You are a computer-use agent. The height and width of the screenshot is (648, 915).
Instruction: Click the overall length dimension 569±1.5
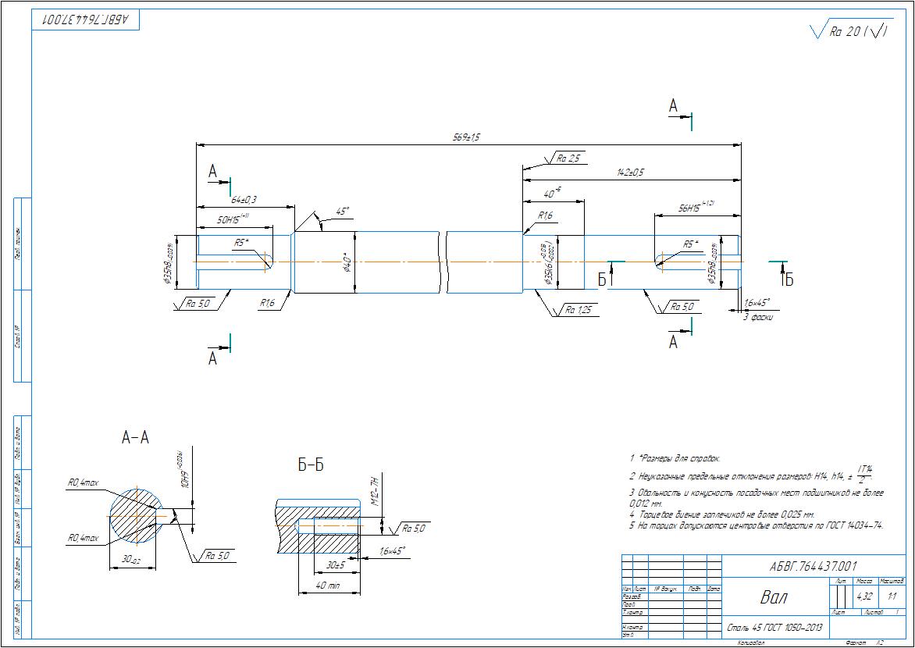[x=466, y=137]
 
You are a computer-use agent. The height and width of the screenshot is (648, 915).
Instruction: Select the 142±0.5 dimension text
[x=629, y=172]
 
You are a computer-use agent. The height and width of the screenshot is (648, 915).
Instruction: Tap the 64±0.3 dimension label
[x=244, y=201]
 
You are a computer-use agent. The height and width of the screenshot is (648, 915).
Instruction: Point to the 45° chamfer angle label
[x=341, y=212]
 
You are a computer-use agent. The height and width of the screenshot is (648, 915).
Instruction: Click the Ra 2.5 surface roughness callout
[x=568, y=158]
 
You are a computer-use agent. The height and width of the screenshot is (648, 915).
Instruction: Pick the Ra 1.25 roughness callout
[x=579, y=311]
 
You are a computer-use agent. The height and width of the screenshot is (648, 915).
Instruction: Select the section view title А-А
[x=135, y=439]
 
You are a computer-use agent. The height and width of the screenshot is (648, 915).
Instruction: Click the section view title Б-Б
[x=311, y=466]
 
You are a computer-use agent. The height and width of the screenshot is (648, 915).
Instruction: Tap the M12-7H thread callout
[x=373, y=492]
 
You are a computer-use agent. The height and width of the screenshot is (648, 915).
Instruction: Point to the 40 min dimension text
[x=327, y=586]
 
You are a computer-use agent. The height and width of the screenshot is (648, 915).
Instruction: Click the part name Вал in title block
[x=774, y=597]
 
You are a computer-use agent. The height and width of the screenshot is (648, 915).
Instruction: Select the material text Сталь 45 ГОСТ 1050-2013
[x=773, y=627]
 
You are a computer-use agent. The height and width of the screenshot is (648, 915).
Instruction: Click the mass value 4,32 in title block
[x=865, y=596]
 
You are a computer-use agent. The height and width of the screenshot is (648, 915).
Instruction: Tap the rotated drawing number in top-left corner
[x=86, y=19]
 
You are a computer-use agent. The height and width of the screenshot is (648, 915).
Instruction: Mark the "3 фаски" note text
[x=757, y=318]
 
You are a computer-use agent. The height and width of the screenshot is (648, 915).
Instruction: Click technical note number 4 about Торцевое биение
[x=722, y=514]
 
